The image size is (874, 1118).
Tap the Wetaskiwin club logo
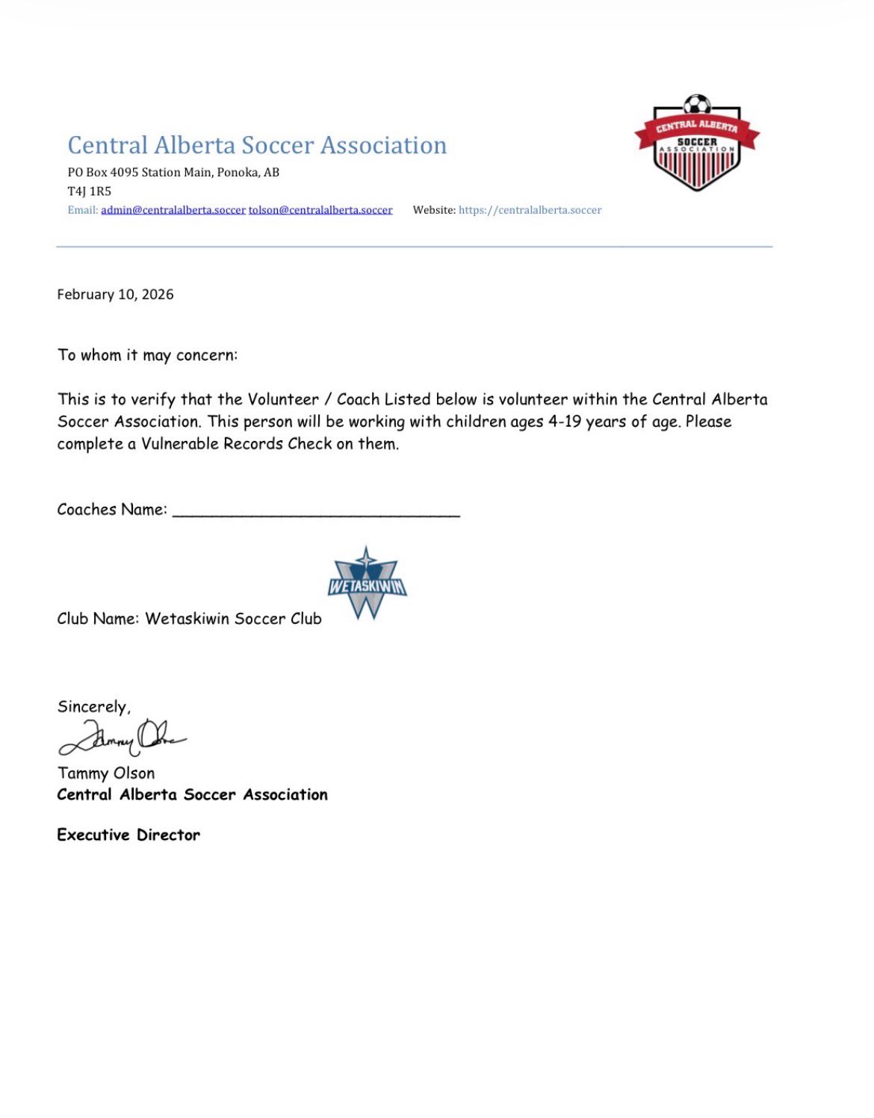click(x=367, y=584)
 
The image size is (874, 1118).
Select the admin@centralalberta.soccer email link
click(x=173, y=210)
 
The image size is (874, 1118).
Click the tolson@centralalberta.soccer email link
click(x=320, y=210)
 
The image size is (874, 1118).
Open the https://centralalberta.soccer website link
click(x=530, y=210)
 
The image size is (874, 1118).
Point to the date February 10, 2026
click(x=115, y=294)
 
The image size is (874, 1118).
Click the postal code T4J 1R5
click(x=90, y=191)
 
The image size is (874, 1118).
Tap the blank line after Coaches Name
click(x=316, y=510)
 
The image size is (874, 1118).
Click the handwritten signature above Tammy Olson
click(x=122, y=737)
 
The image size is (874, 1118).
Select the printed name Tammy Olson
click(x=106, y=773)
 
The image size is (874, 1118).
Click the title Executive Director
click(x=128, y=835)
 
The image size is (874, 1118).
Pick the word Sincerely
click(x=93, y=707)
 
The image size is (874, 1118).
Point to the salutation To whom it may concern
click(x=147, y=355)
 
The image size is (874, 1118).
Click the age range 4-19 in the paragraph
click(x=564, y=421)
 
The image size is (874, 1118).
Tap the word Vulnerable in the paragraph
click(x=180, y=444)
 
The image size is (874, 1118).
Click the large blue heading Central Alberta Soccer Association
click(x=257, y=145)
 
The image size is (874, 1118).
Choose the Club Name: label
click(x=98, y=619)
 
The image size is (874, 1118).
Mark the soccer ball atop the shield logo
click(x=697, y=104)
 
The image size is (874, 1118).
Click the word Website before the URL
click(x=434, y=210)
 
